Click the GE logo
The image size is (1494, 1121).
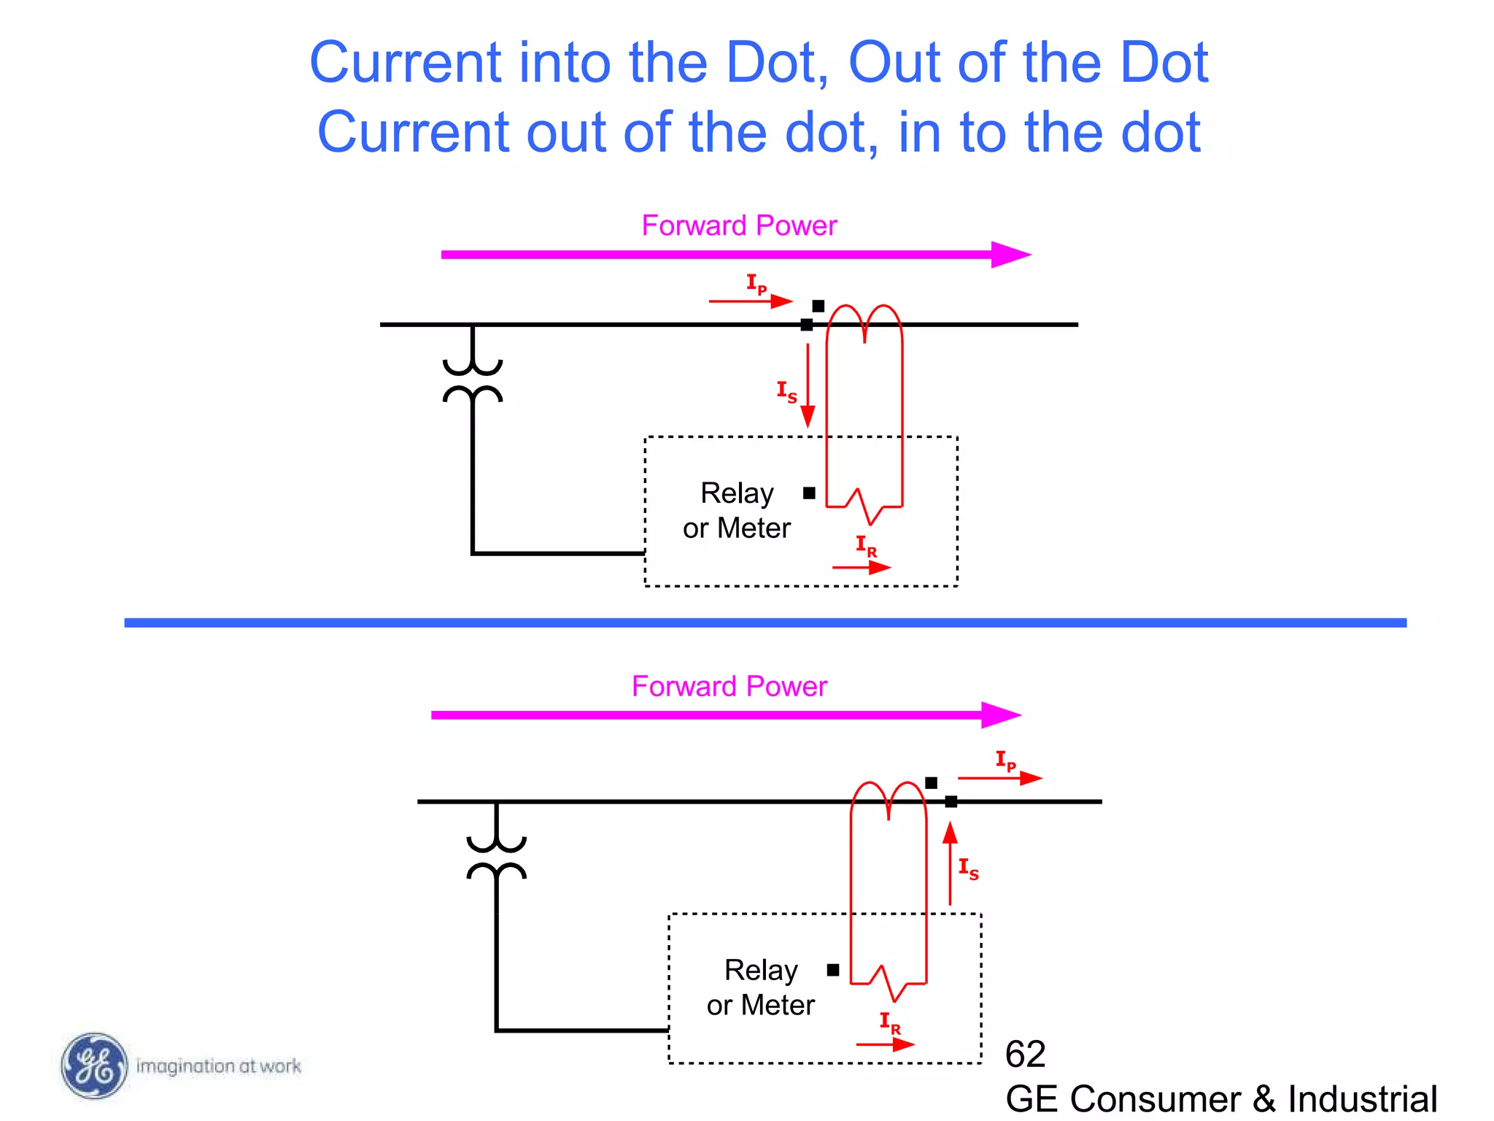click(x=93, y=1066)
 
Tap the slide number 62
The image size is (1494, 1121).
click(x=1025, y=1055)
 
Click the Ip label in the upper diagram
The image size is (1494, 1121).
click(x=756, y=283)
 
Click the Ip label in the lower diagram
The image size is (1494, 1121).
click(x=1006, y=760)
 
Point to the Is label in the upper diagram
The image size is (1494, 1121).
click(x=786, y=391)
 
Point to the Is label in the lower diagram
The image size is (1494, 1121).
click(x=968, y=868)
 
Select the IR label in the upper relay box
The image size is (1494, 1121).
click(x=866, y=546)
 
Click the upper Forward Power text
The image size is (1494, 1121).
click(x=739, y=226)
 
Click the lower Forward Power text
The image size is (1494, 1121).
click(x=729, y=687)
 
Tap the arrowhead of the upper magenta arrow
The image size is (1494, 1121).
click(x=1011, y=255)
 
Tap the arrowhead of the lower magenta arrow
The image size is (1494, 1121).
click(x=1001, y=715)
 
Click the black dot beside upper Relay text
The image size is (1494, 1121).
click(x=809, y=493)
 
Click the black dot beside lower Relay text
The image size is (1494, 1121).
click(x=833, y=970)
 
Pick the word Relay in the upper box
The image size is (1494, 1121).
click(x=737, y=493)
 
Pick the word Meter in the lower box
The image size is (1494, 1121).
click(x=778, y=1006)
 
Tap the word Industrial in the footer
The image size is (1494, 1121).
click(x=1362, y=1098)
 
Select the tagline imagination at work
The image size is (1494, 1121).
click(x=219, y=1066)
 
